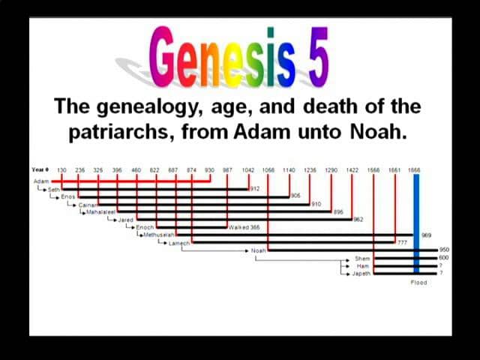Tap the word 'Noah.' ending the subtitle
point(378,133)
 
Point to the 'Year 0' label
point(40,170)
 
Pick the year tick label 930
point(209,170)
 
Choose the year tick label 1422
point(352,170)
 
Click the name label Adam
point(40,181)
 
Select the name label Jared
point(125,220)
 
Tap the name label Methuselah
point(158,235)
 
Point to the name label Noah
point(258,250)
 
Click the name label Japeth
point(361,274)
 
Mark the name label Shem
point(362,258)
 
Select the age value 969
point(427,235)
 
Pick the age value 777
point(402,242)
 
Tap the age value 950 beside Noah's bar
point(443,250)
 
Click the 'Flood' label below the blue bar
point(418,283)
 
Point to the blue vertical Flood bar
point(416,225)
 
